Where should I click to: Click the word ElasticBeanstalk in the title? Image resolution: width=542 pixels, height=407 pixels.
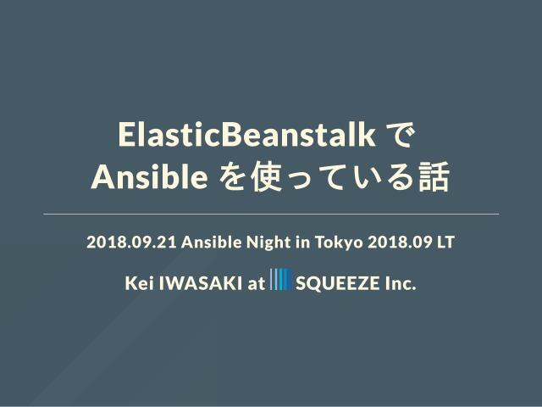[246, 135]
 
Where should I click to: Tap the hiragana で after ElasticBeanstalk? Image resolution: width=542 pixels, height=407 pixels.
[400, 136]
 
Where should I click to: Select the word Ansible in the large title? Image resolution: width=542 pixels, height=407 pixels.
[149, 176]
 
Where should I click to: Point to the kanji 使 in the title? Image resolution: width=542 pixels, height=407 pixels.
[267, 177]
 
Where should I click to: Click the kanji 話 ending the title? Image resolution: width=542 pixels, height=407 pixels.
[434, 177]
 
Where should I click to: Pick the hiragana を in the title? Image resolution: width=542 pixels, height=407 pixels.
[232, 177]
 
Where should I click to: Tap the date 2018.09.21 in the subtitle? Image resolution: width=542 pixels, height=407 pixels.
[132, 242]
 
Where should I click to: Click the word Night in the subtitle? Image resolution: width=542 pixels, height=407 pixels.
[268, 243]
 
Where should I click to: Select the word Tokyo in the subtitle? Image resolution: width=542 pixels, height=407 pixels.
[339, 243]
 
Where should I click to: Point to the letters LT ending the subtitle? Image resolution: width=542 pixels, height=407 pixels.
[445, 242]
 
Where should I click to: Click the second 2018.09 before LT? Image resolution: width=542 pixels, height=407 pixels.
[400, 242]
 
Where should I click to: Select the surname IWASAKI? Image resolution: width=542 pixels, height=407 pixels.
[201, 283]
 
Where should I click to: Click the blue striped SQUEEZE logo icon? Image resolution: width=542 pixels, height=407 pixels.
[281, 279]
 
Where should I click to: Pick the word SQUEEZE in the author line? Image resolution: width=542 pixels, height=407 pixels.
[337, 283]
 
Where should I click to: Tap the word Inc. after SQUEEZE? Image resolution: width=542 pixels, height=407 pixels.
[401, 283]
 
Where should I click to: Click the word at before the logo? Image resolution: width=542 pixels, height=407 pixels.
[256, 284]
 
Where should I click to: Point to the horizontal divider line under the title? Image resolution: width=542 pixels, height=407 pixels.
[271, 215]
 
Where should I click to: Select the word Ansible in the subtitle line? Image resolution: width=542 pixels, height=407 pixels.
[212, 242]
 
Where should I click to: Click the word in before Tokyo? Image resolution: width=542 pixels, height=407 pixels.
[303, 242]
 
